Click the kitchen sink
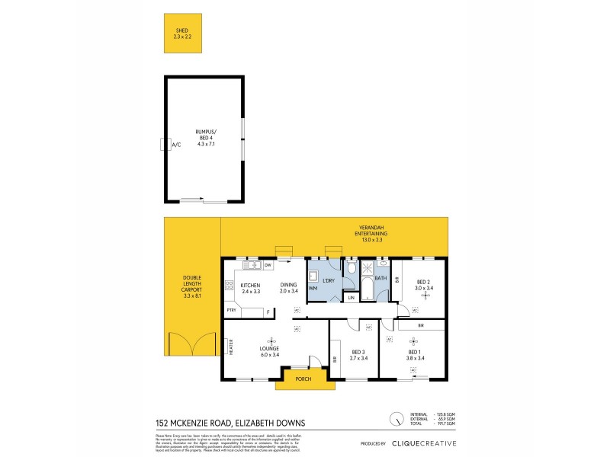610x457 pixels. pyautogui.click(x=251, y=265)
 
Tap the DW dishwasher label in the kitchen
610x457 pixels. pyautogui.click(x=268, y=265)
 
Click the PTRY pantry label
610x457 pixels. pyautogui.click(x=231, y=311)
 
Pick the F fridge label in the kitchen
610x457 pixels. pyautogui.click(x=268, y=311)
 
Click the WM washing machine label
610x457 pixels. pyautogui.click(x=313, y=289)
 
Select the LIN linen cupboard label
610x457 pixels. pyautogui.click(x=351, y=297)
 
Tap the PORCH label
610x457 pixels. pyautogui.click(x=303, y=379)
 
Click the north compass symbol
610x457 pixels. pyautogui.click(x=396, y=418)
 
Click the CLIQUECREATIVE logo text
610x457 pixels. pyautogui.click(x=423, y=443)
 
